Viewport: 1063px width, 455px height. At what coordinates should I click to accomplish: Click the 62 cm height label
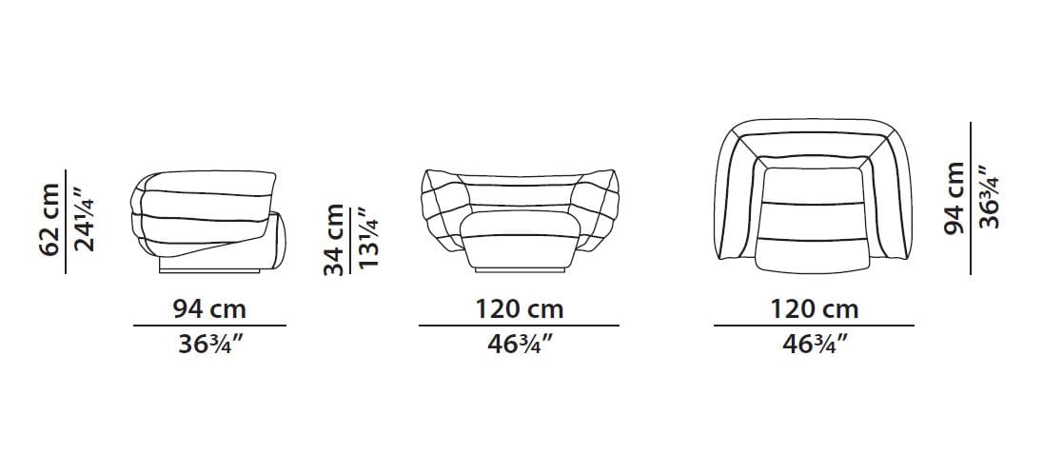pyautogui.click(x=49, y=220)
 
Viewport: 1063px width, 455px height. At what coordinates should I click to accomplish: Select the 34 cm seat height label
pyautogui.click(x=333, y=240)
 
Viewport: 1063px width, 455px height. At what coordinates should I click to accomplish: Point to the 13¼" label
pyautogui.click(x=368, y=237)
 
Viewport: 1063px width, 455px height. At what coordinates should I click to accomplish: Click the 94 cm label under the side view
pyautogui.click(x=209, y=310)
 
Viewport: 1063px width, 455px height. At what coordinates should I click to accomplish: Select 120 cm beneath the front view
pyautogui.click(x=519, y=310)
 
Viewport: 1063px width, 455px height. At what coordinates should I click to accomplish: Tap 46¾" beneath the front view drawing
pyautogui.click(x=520, y=345)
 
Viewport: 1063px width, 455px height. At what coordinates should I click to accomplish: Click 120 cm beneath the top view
pyautogui.click(x=814, y=310)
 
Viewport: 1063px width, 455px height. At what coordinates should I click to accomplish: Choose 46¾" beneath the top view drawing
pyautogui.click(x=815, y=345)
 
